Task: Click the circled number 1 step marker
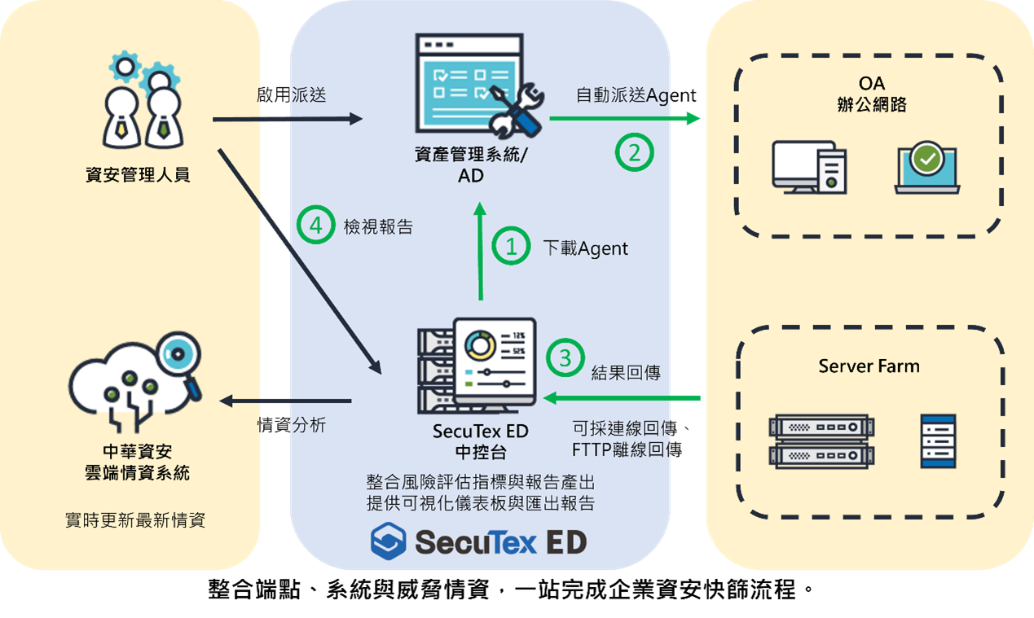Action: tap(512, 247)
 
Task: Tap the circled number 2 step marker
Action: tap(634, 151)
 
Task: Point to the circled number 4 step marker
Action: tap(315, 226)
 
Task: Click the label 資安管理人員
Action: tap(138, 173)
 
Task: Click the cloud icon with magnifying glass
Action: tap(136, 384)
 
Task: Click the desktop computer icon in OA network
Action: tap(808, 168)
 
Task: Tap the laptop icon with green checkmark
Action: tap(927, 169)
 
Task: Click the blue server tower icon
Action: tap(938, 440)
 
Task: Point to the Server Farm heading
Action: tap(869, 366)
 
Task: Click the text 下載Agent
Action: tap(585, 248)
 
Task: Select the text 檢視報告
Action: tap(378, 227)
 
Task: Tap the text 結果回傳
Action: tap(625, 373)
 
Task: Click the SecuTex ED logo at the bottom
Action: tap(478, 542)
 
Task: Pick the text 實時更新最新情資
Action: tap(135, 519)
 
